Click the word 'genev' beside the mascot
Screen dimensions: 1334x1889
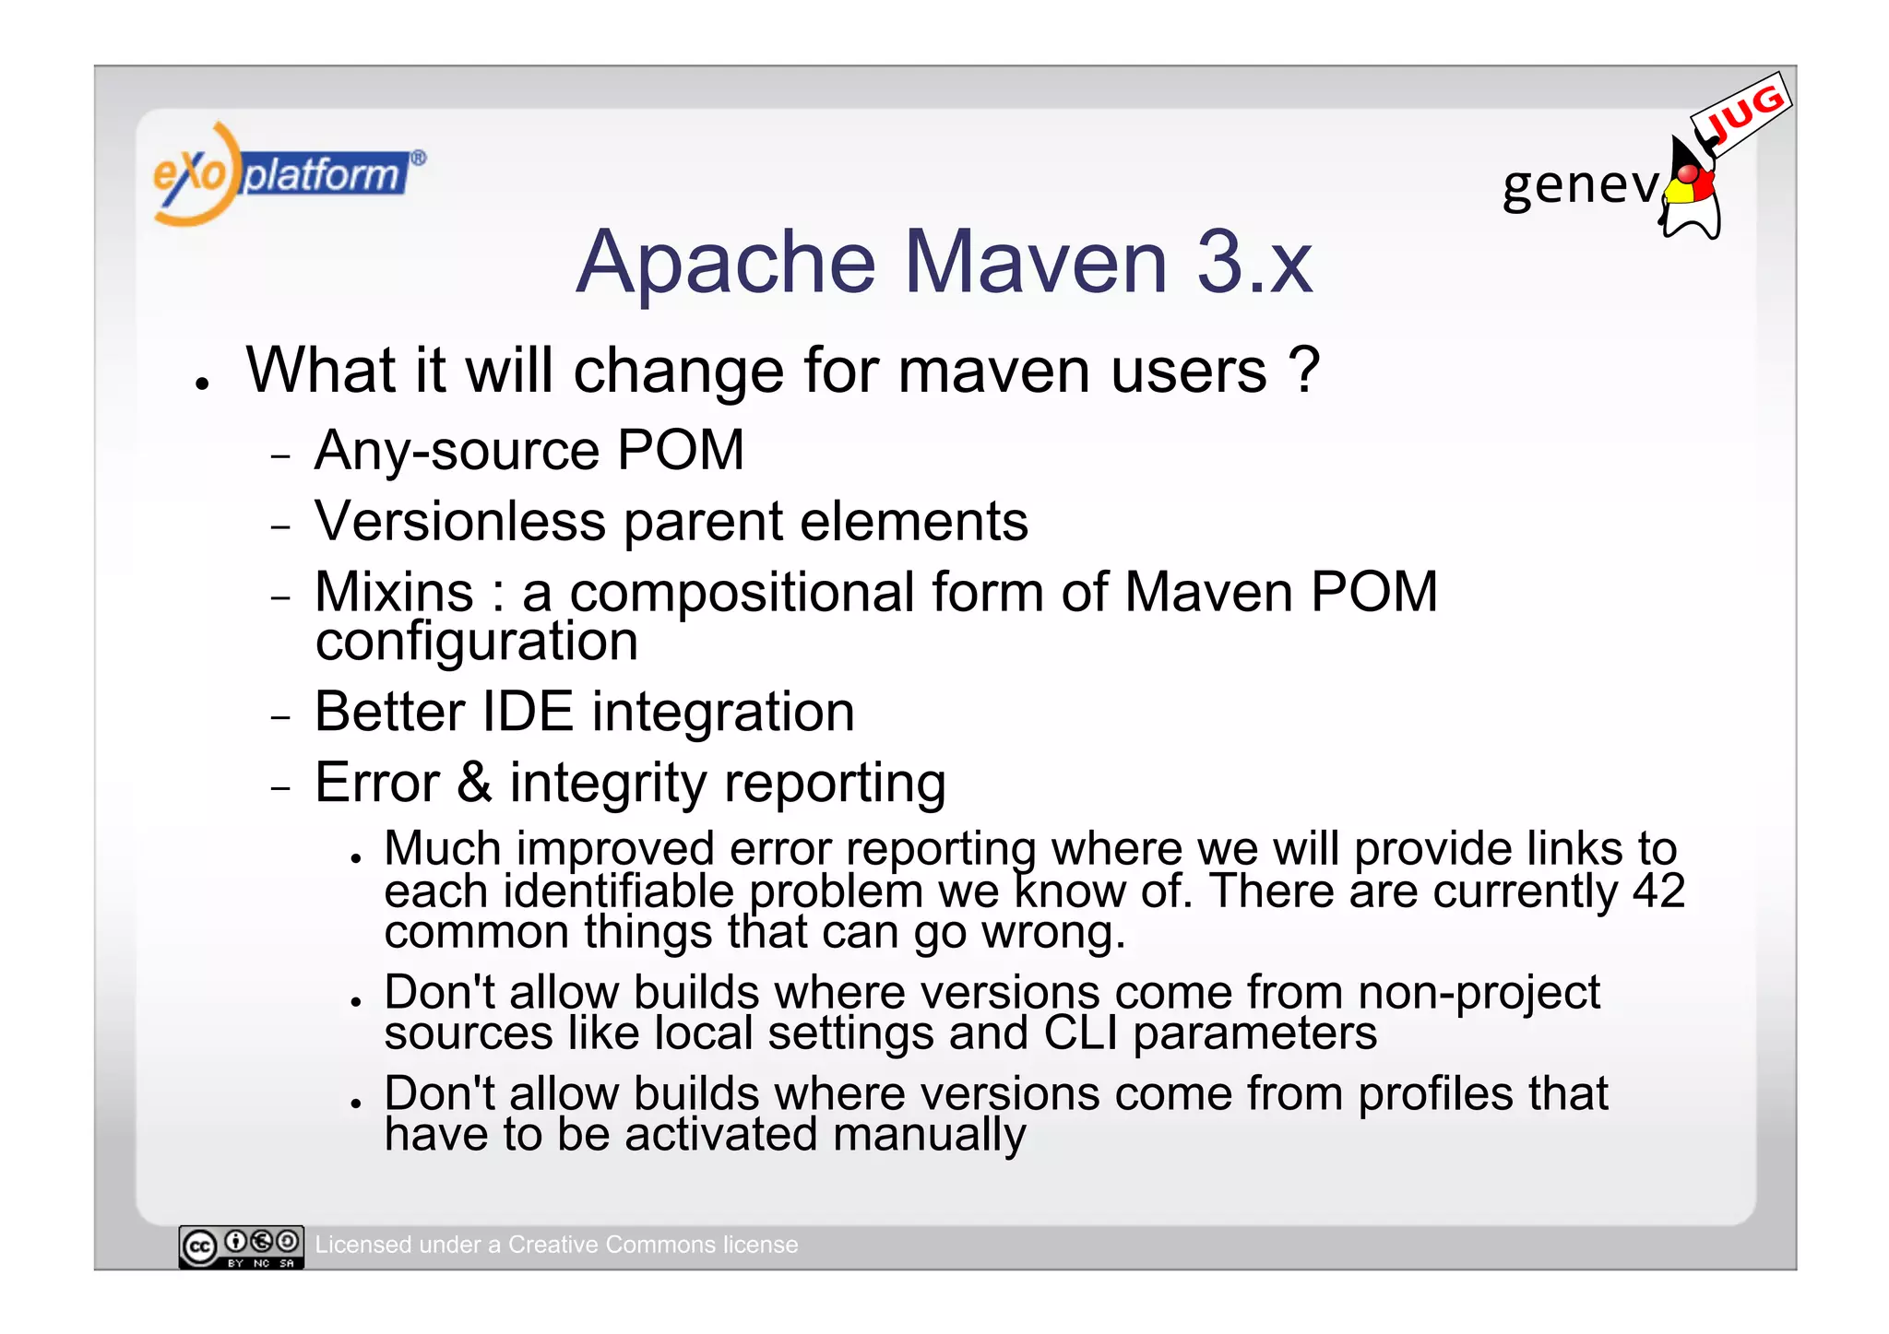[1579, 184]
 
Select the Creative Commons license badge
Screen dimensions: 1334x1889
[241, 1246]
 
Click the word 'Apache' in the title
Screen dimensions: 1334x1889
[725, 263]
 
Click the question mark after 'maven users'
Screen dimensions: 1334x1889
[1303, 370]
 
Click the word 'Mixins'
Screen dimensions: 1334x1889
[394, 592]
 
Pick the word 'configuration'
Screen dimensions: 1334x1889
[476, 642]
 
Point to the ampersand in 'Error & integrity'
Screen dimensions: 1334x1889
[474, 783]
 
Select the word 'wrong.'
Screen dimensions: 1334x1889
[1053, 932]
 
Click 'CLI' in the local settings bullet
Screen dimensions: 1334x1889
[1080, 1033]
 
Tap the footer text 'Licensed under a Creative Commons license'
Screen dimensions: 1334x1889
[556, 1245]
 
